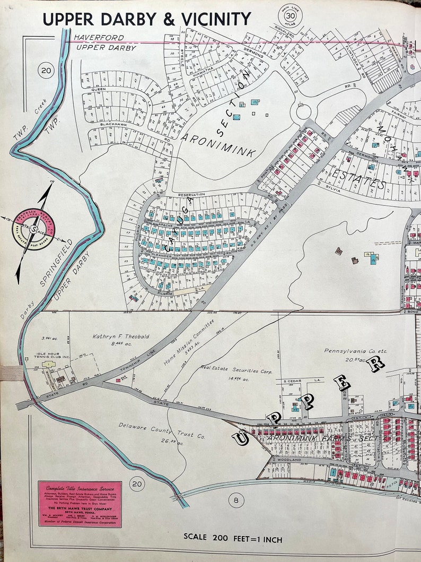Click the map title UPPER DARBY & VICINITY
click(146, 19)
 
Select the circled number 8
click(236, 499)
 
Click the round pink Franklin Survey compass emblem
click(33, 229)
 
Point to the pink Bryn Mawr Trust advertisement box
click(80, 504)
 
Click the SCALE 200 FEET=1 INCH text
click(233, 539)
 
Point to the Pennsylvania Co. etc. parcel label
click(348, 351)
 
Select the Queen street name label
click(99, 90)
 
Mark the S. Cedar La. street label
click(295, 382)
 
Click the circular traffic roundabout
click(303, 112)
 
